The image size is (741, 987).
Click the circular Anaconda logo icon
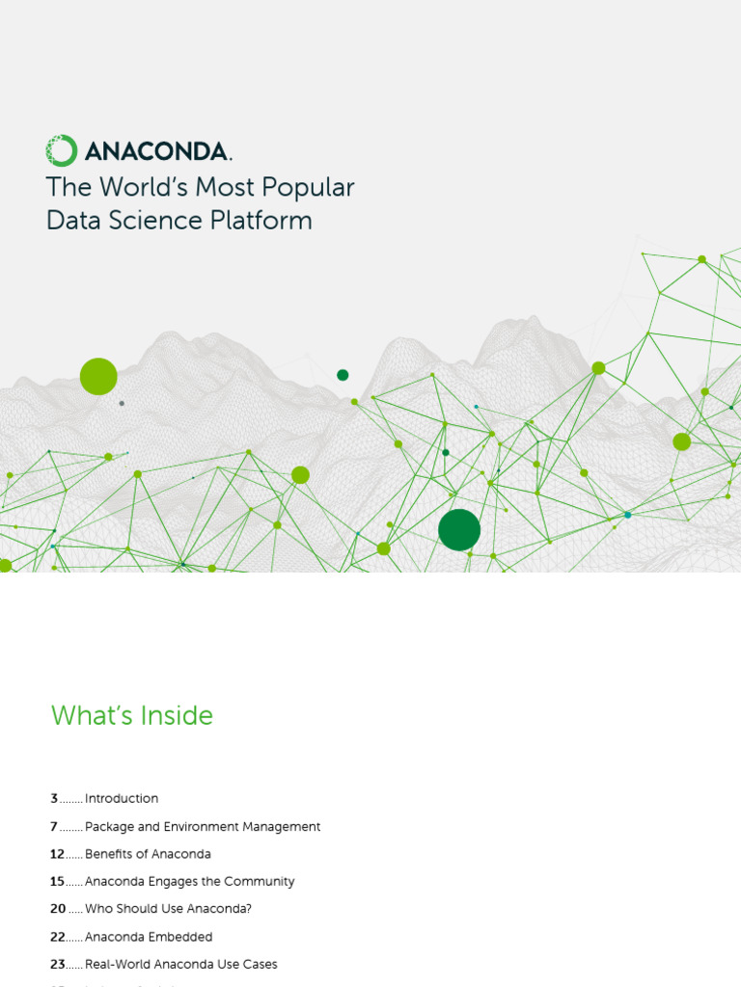[x=61, y=150]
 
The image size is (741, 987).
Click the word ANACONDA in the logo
[x=156, y=151]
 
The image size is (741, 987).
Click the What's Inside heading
[x=131, y=715]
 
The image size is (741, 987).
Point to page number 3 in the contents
[x=55, y=798]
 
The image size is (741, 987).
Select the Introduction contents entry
[x=122, y=798]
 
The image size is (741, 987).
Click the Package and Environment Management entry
[x=203, y=826]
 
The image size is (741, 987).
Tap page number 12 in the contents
[x=58, y=854]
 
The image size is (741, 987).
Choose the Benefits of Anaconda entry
[x=148, y=854]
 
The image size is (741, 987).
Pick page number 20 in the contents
[x=59, y=909]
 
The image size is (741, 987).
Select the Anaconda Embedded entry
[x=149, y=937]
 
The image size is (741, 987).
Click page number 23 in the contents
[x=58, y=964]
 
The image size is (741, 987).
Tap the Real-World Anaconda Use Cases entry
[x=181, y=964]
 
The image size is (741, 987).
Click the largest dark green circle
[x=459, y=529]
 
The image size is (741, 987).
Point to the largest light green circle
[x=98, y=376]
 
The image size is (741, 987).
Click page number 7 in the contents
[x=55, y=826]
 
